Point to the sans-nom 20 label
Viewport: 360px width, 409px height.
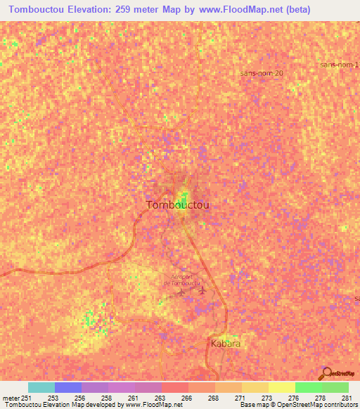pos(262,72)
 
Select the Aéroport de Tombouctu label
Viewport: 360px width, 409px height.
pos(181,279)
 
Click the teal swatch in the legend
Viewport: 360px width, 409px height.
pos(41,387)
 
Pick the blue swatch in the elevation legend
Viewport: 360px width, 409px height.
pos(68,387)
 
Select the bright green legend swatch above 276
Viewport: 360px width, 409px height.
pos(309,387)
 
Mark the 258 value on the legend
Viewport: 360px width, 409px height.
pos(106,397)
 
